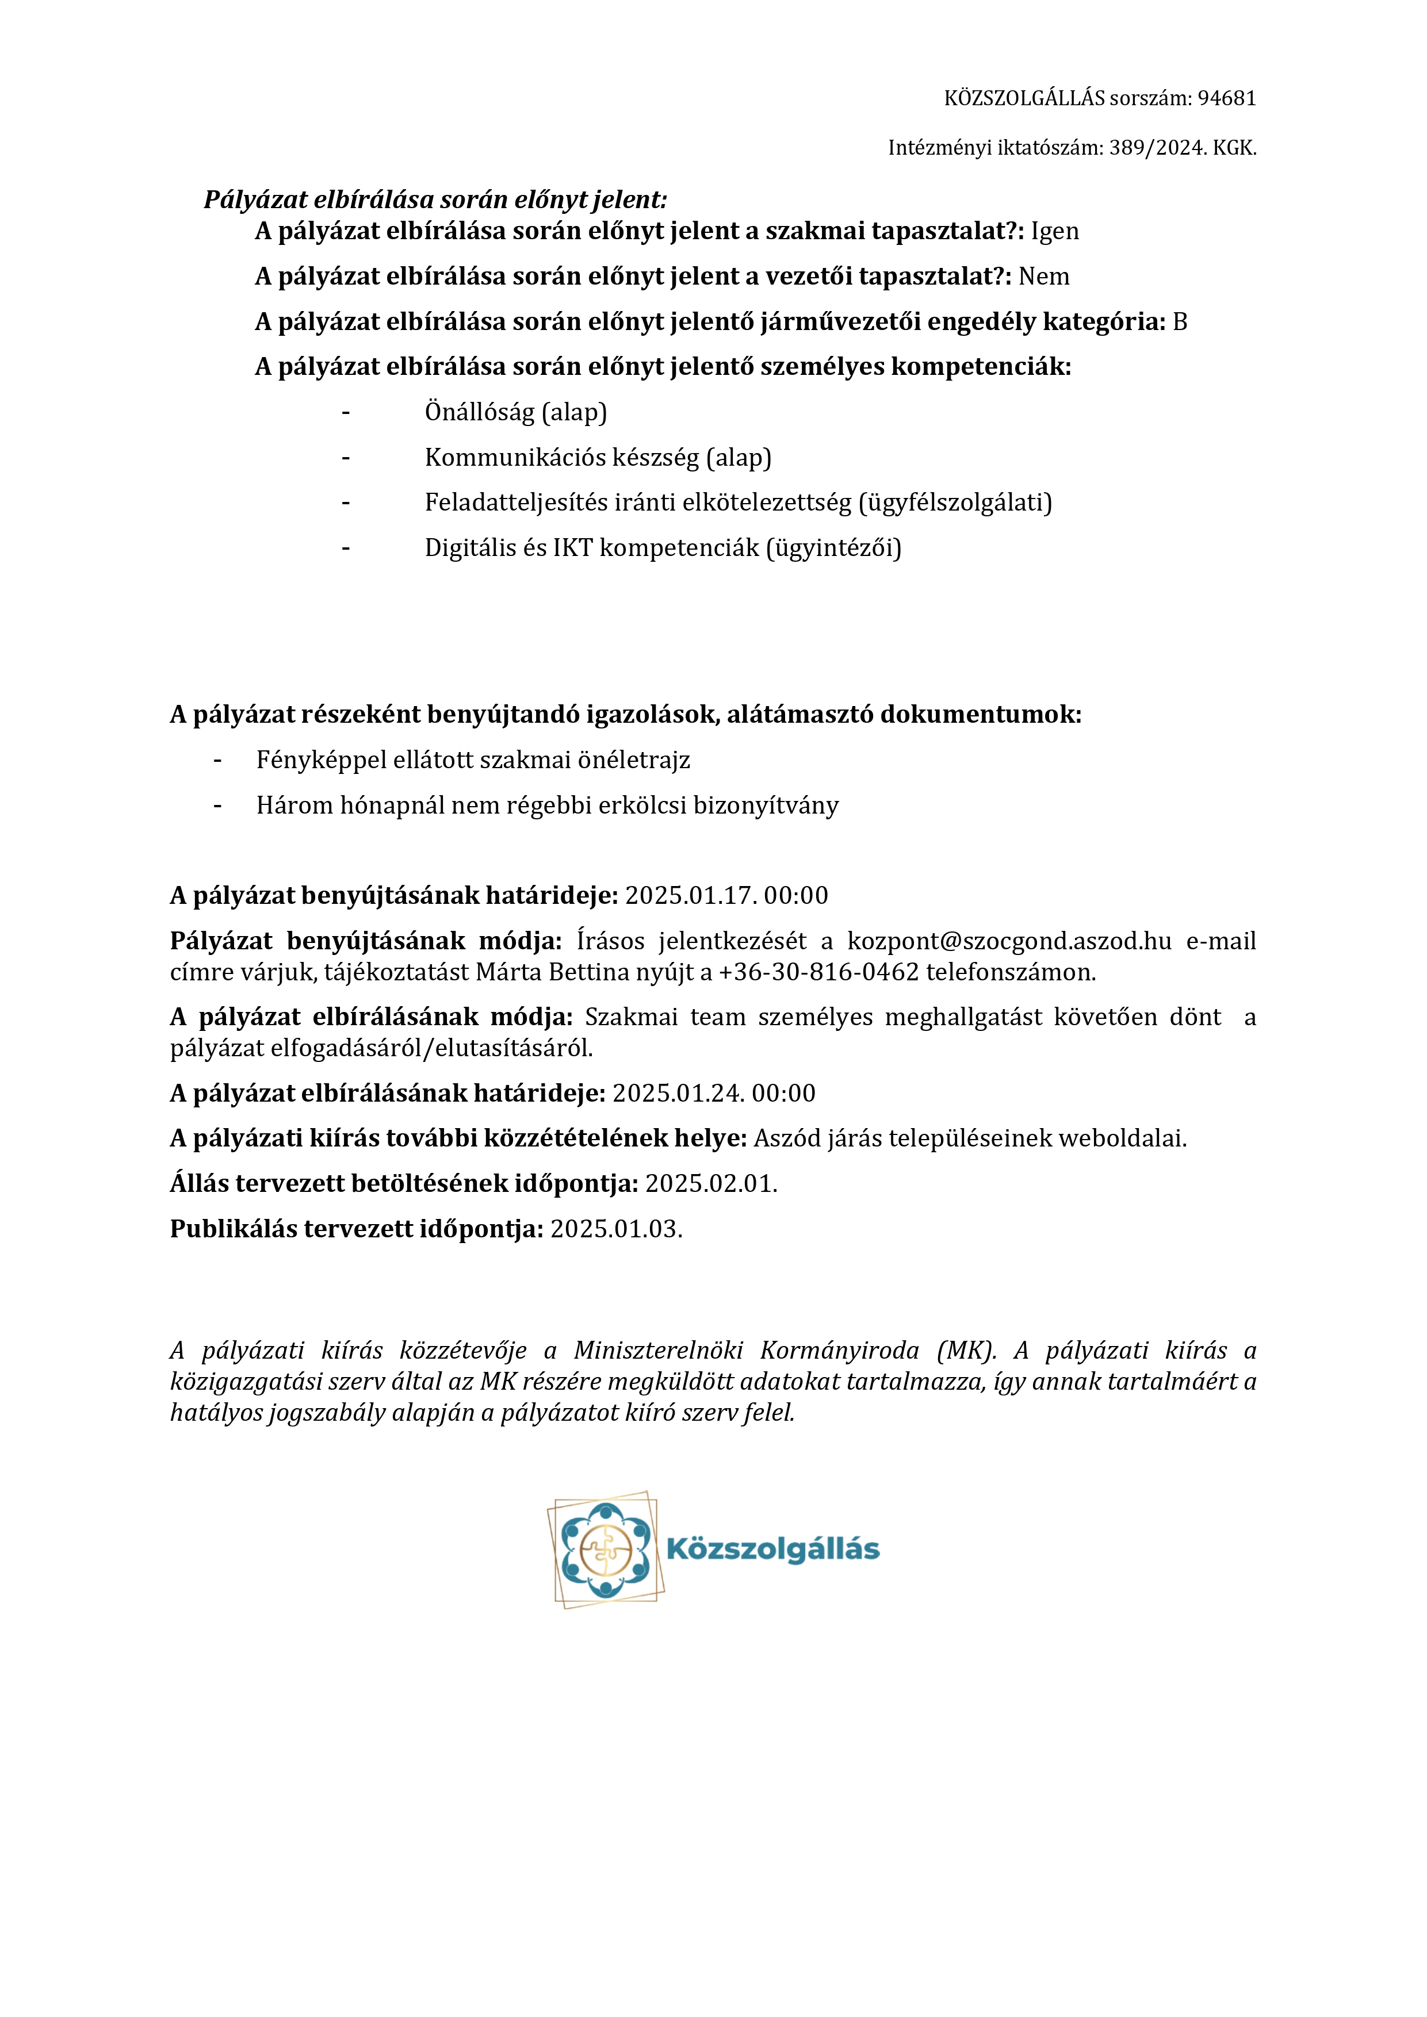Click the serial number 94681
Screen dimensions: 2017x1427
coord(1227,98)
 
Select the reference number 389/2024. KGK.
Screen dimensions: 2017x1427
coord(1182,148)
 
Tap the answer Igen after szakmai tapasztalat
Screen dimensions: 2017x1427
coord(1054,231)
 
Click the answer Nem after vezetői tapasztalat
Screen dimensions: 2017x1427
coord(1044,277)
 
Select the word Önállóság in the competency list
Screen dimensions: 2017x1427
coord(479,412)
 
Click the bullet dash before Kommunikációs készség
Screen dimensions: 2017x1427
coord(346,458)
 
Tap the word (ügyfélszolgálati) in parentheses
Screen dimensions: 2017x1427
coord(955,503)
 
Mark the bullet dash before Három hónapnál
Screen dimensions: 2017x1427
coord(217,806)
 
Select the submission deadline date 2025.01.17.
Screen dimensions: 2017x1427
coord(691,896)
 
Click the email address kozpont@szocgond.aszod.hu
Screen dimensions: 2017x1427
coord(1009,941)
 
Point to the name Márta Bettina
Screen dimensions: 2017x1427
coord(553,972)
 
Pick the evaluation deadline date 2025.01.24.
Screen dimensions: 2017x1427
coord(678,1094)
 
